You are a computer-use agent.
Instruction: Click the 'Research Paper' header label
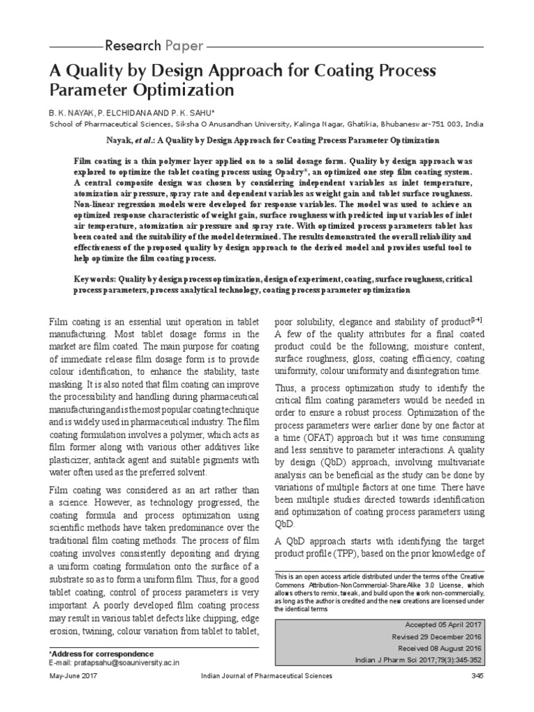pos(154,47)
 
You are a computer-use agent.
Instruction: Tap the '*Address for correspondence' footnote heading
pos(102,654)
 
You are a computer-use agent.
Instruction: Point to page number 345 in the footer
pos(477,676)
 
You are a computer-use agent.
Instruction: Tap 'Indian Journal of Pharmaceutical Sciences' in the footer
pos(267,676)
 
